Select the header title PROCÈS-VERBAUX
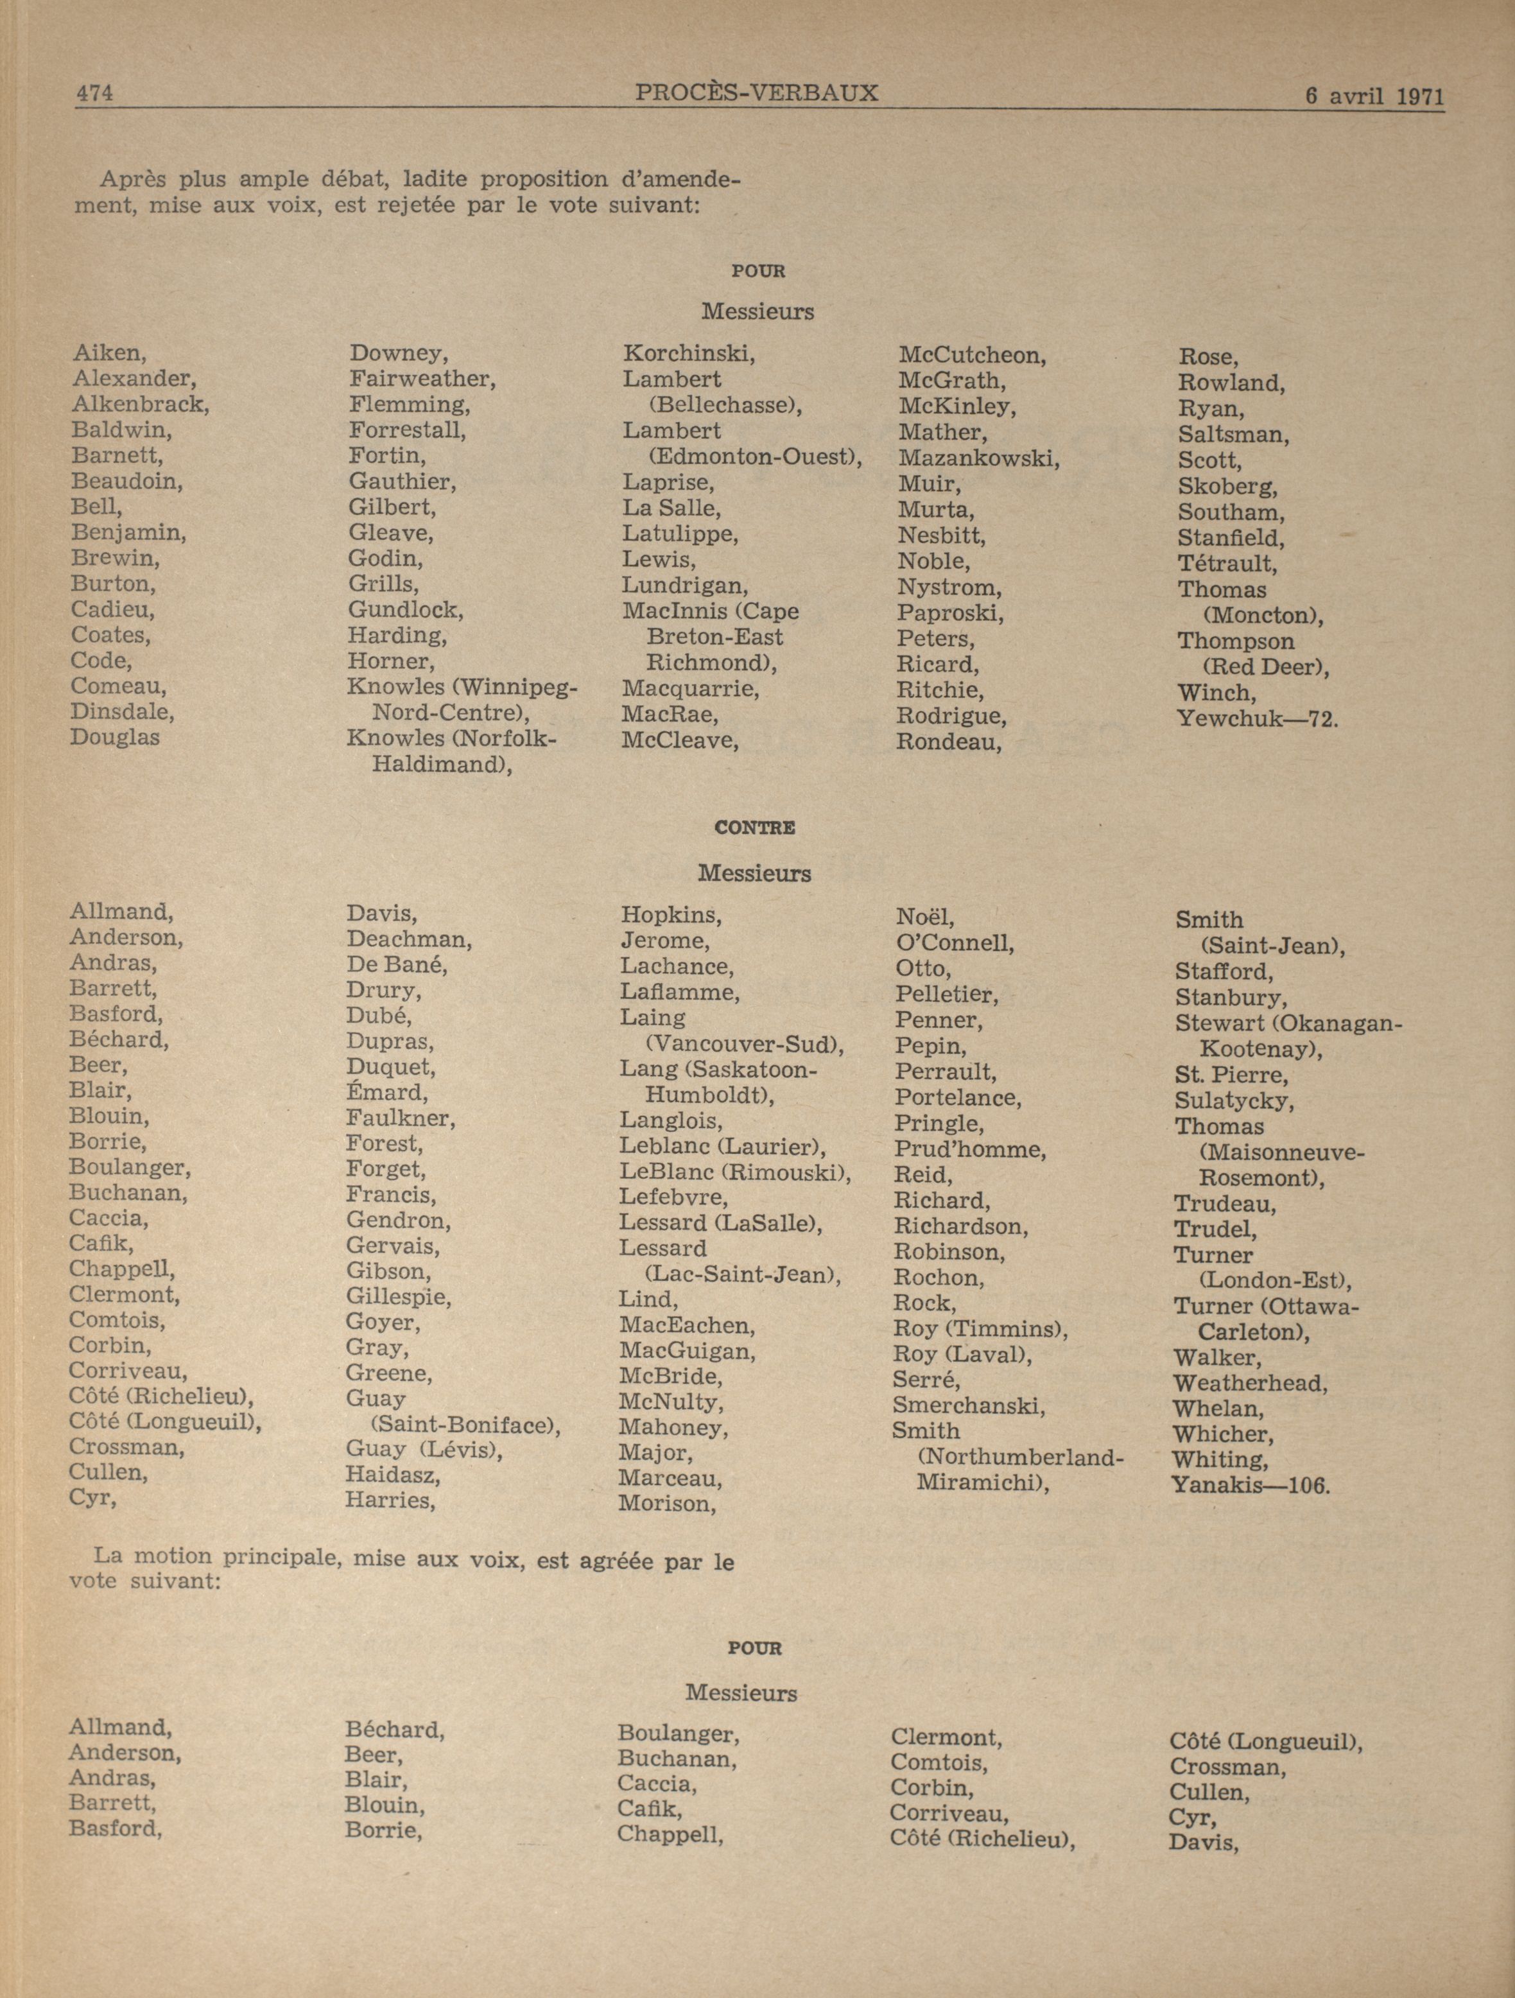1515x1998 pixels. [756, 92]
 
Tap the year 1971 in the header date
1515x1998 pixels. [1420, 97]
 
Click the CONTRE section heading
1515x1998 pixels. [754, 828]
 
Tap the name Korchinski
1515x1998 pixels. [688, 354]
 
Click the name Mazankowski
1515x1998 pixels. [978, 458]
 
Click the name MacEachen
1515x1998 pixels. [687, 1326]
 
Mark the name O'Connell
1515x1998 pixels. [954, 944]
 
